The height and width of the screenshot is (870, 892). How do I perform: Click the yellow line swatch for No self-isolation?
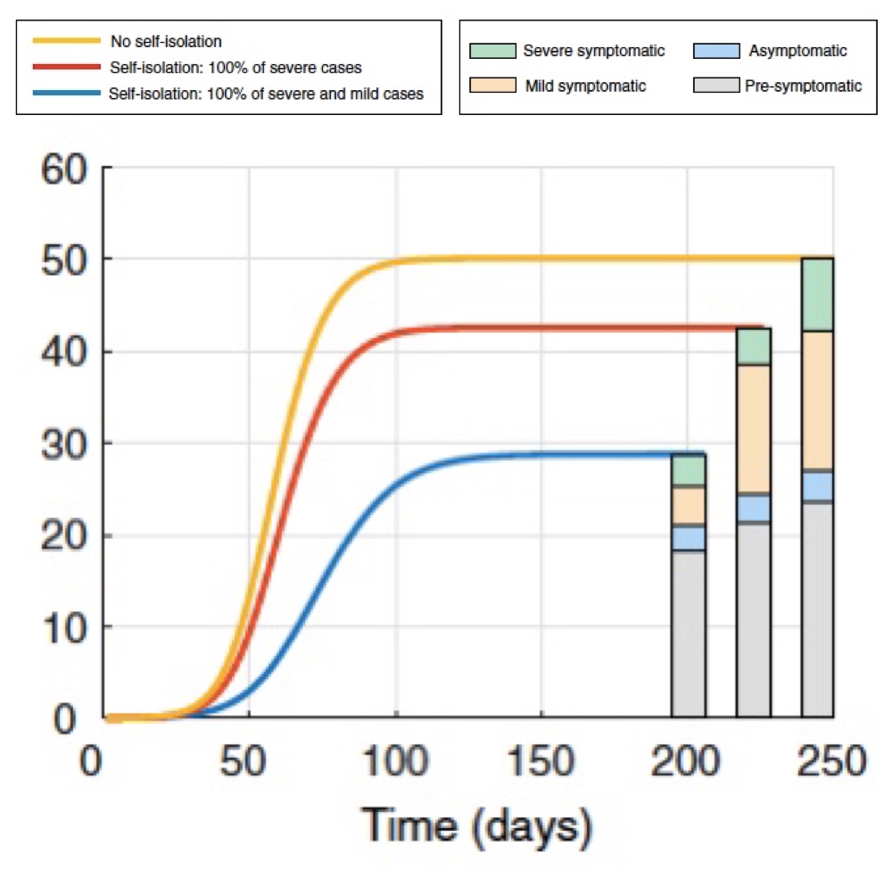point(66,41)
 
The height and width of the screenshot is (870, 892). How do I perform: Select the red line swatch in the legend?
point(66,67)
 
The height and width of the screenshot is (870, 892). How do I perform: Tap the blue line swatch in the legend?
point(66,93)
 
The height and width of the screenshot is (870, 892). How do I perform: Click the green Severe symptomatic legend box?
point(492,51)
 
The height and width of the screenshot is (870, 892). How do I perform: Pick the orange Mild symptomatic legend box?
point(492,85)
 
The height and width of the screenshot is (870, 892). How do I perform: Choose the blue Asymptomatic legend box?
point(716,51)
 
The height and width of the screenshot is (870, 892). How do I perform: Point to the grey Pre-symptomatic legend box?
point(716,85)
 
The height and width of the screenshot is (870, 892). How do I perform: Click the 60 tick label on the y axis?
point(63,168)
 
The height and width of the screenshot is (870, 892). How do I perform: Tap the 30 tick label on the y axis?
point(63,443)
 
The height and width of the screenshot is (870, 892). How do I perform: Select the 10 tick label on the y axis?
point(63,627)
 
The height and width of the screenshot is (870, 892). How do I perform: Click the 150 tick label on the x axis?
point(541,764)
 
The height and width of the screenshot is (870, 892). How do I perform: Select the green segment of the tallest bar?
point(817,294)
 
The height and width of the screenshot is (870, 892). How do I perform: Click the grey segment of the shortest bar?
point(689,633)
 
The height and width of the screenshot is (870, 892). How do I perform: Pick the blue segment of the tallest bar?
point(817,486)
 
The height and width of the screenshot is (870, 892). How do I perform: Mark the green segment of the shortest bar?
point(689,470)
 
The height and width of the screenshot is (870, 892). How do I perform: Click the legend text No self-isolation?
point(166,41)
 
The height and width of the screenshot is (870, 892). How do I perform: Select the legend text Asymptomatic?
point(797,51)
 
